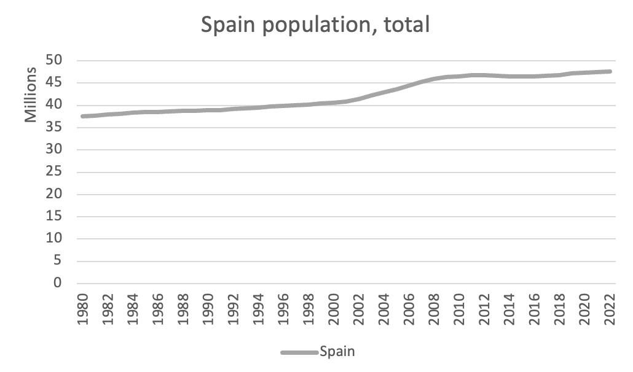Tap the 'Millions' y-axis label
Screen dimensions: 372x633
tap(31, 95)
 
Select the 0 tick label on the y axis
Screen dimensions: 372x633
tap(57, 284)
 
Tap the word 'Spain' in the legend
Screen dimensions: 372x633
tap(337, 352)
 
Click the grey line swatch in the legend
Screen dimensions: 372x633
tap(299, 352)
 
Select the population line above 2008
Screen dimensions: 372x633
tap(435, 79)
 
